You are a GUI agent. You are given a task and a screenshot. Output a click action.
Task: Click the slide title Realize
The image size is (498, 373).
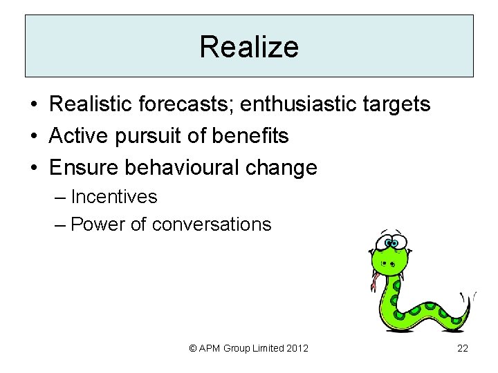pos(249,47)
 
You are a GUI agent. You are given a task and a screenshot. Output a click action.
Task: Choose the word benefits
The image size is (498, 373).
pos(250,136)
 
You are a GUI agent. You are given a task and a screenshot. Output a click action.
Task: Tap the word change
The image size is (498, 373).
pos(284,168)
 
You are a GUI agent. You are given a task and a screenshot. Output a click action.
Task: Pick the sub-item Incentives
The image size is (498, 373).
pos(114,197)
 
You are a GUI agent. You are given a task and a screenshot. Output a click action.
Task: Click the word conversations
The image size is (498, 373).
pos(212,224)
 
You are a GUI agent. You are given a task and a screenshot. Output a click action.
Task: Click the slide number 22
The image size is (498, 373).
pos(463,349)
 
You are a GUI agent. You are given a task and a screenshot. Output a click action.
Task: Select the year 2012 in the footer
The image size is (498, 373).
pos(295,349)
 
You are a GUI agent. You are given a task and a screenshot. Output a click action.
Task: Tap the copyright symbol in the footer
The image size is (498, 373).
pos(194,349)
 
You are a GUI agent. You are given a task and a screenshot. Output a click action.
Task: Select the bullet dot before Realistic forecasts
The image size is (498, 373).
pos(33,106)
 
